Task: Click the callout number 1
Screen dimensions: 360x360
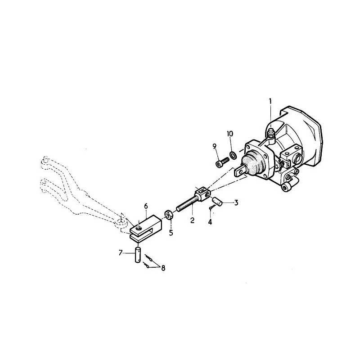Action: tap(270, 102)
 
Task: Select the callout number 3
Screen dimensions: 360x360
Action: tap(236, 203)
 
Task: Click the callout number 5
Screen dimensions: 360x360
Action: tap(171, 232)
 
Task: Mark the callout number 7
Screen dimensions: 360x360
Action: tap(120, 253)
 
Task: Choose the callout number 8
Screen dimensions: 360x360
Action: tap(163, 268)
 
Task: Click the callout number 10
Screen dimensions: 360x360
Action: tap(230, 134)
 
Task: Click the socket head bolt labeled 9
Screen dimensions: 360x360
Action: tap(221, 162)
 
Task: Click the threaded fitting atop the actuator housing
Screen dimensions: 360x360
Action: tap(270, 134)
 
